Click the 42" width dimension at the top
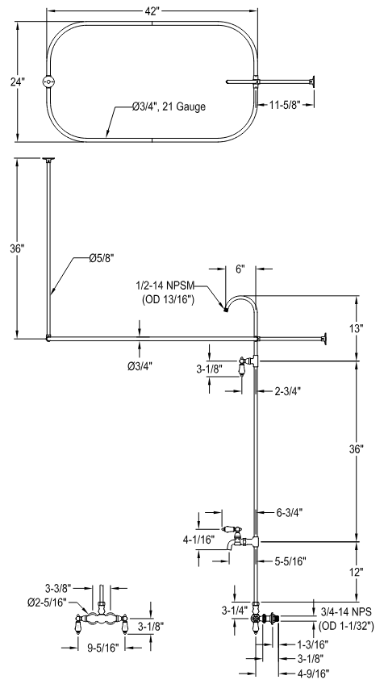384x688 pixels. coord(151,12)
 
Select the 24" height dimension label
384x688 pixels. coord(18,82)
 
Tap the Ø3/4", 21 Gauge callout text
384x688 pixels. coord(169,106)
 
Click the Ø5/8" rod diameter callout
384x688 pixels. coord(102,259)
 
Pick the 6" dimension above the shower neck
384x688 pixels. coord(240,269)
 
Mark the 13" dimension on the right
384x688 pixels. coord(357,328)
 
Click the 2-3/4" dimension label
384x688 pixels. coord(287,391)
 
